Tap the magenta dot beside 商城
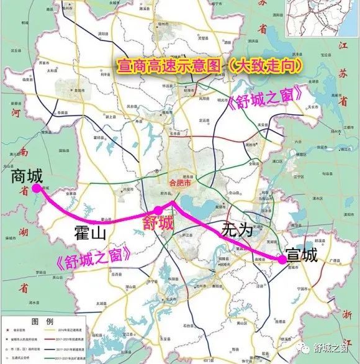pos(37,187)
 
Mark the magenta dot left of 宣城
pos(282,262)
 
